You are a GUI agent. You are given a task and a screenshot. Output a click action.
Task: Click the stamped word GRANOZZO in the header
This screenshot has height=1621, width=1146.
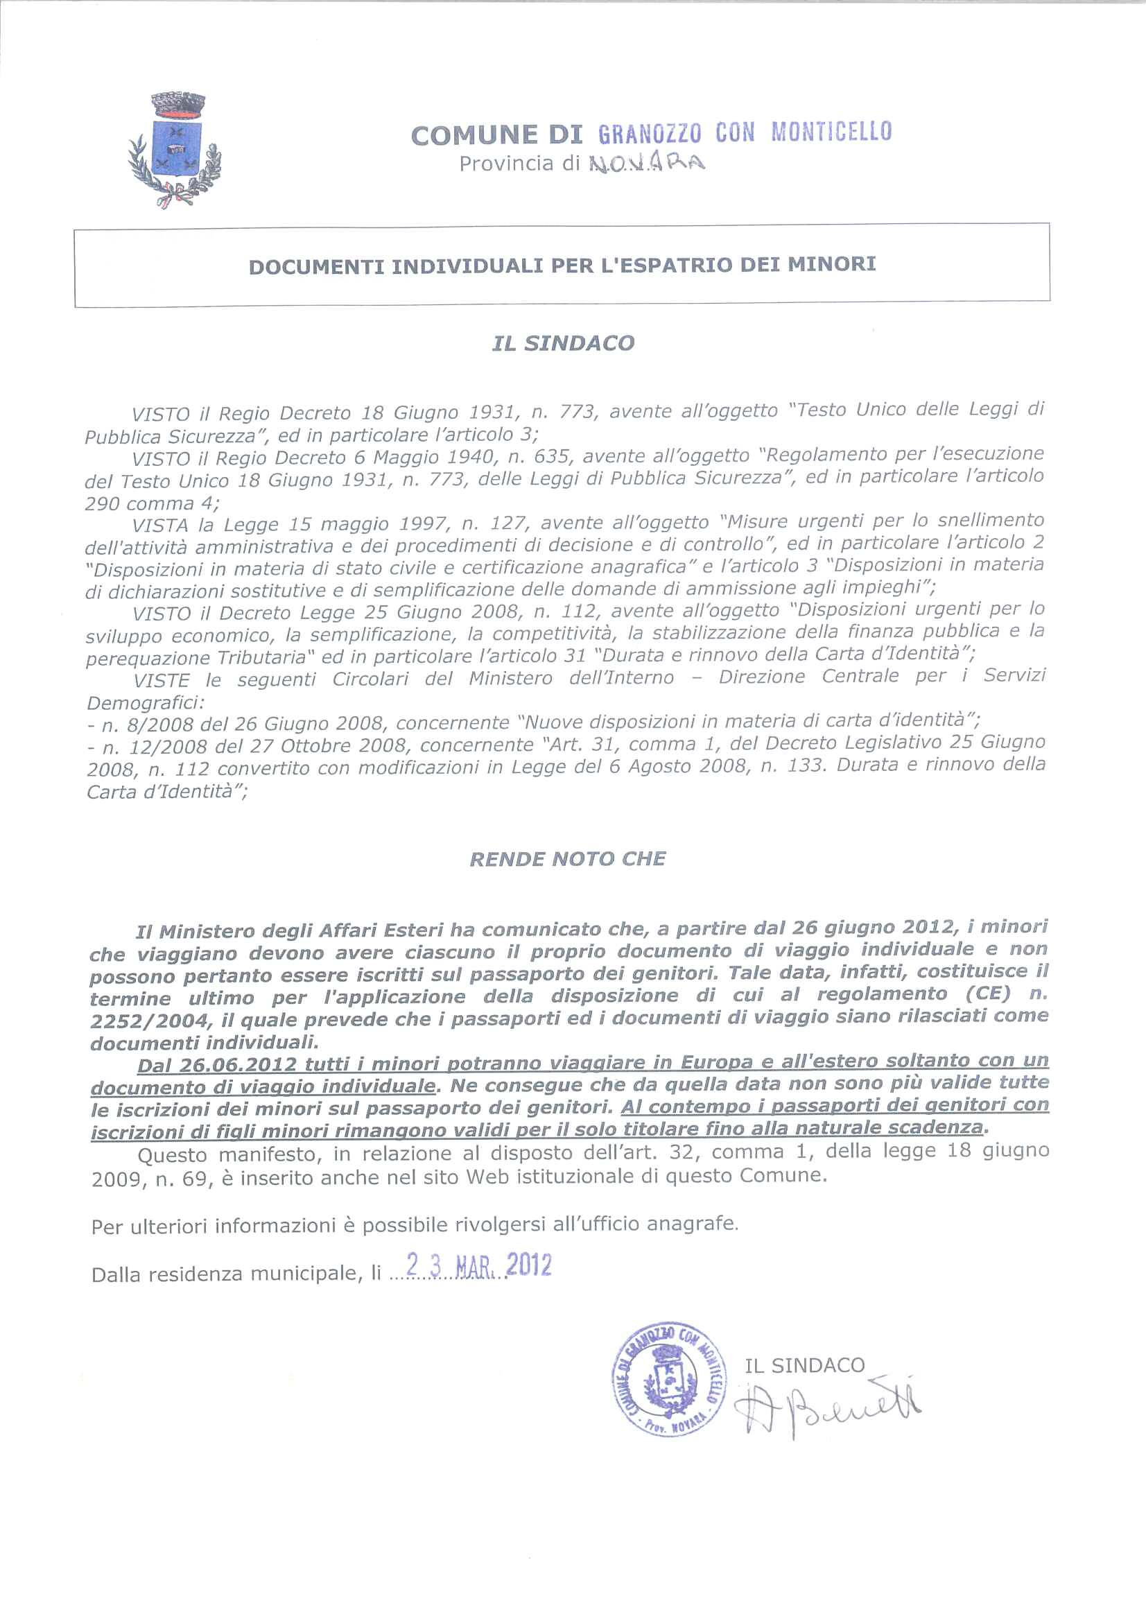point(650,134)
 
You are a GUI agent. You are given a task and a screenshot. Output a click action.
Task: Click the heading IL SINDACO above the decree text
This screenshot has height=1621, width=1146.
point(563,343)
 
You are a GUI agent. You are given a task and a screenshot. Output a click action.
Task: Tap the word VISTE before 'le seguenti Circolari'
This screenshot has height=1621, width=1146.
point(161,681)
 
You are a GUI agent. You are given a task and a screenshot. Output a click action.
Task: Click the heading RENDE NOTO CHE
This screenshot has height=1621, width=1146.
point(568,858)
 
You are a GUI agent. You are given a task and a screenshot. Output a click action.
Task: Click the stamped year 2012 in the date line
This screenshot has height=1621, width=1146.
point(529,1265)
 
